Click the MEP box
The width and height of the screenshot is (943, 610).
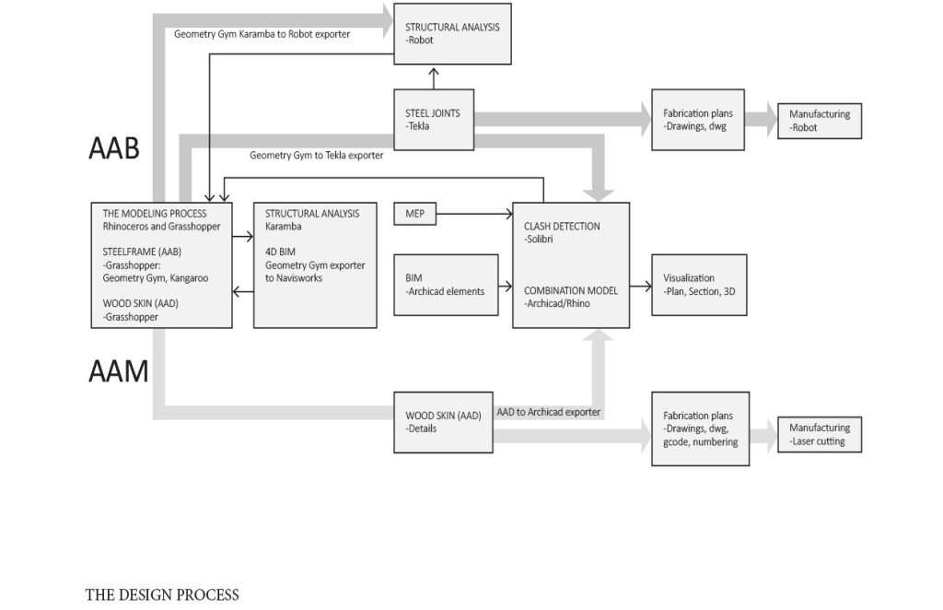(x=415, y=214)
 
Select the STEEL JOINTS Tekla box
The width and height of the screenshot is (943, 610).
(x=434, y=120)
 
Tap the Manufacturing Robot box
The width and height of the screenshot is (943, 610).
(x=819, y=121)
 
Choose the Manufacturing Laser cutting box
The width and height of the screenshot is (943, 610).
(x=819, y=434)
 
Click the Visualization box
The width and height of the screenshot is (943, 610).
(x=700, y=285)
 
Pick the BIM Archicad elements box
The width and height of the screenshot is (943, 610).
(x=446, y=285)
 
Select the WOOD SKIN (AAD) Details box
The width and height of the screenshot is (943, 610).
(x=443, y=422)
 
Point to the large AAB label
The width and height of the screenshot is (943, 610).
(x=114, y=148)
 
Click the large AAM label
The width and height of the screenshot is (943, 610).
(x=119, y=370)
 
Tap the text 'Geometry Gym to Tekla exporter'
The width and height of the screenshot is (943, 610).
(x=317, y=155)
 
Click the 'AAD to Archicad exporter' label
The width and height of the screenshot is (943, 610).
(x=549, y=412)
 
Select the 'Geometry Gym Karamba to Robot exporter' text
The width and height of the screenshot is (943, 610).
(x=262, y=34)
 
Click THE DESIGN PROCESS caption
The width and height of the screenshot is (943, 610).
(x=162, y=595)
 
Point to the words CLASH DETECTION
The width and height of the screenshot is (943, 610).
(x=562, y=226)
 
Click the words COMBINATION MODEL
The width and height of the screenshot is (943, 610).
(x=571, y=290)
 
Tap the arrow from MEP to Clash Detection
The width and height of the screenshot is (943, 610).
(x=474, y=214)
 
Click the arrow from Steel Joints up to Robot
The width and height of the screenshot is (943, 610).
(x=434, y=79)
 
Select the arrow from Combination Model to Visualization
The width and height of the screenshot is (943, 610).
(x=641, y=287)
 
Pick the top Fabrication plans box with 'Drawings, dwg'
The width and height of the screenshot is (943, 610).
(x=698, y=120)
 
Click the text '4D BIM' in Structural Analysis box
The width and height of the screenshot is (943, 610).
(x=280, y=252)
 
